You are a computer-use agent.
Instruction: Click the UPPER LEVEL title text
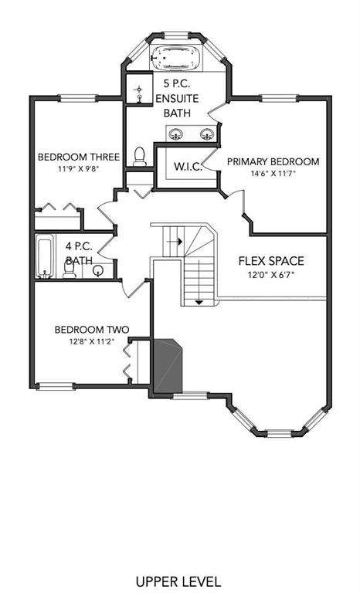click(x=178, y=581)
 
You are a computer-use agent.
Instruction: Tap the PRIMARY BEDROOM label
click(x=273, y=162)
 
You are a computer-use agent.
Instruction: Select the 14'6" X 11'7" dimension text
click(x=273, y=174)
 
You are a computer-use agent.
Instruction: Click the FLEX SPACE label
click(x=271, y=261)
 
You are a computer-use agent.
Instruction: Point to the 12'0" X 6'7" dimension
click(x=271, y=275)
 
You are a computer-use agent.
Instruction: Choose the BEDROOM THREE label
click(x=79, y=157)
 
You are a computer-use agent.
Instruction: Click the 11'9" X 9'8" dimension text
click(x=78, y=168)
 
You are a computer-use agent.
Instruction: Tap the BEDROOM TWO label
click(x=92, y=330)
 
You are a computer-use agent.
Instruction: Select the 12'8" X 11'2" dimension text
click(x=92, y=341)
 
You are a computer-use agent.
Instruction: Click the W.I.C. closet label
click(x=188, y=167)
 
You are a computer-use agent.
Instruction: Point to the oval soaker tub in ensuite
click(x=175, y=57)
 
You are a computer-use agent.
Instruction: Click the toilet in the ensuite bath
click(x=140, y=157)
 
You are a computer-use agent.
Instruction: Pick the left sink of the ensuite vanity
click(x=175, y=134)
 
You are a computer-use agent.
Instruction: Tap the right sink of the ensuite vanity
click(x=207, y=134)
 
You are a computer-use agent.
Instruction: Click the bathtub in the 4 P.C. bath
click(x=45, y=256)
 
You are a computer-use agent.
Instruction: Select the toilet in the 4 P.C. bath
click(x=70, y=269)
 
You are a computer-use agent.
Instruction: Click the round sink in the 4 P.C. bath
click(x=98, y=270)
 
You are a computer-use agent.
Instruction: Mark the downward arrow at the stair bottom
click(x=199, y=302)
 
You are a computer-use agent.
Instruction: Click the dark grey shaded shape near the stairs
click(x=167, y=365)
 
